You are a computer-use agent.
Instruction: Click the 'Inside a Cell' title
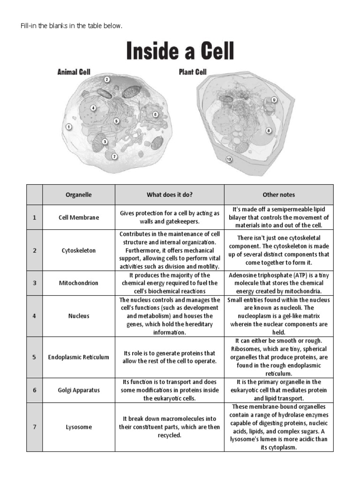tap(180, 52)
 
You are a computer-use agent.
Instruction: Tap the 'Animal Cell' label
tap(74, 72)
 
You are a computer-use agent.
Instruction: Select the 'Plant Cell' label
tap(193, 72)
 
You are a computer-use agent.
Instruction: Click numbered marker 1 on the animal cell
tap(69, 127)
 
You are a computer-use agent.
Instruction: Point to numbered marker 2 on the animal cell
tap(107, 80)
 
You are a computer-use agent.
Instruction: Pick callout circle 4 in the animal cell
tap(94, 108)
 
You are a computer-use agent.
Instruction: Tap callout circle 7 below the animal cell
tap(115, 156)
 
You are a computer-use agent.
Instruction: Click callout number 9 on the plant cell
tap(274, 100)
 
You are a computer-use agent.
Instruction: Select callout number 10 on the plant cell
tap(229, 159)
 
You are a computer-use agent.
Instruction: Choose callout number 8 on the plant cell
tap(269, 131)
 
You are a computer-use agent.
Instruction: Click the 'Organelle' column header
tap(78, 195)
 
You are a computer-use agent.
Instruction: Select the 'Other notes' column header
tap(278, 195)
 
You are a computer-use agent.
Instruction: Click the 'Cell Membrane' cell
tap(78, 217)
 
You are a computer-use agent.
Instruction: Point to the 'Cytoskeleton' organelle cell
tap(78, 250)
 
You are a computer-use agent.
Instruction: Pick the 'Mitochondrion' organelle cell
tap(78, 283)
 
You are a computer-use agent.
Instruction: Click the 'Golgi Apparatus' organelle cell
tap(78, 390)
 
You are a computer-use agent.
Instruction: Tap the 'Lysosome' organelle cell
tap(78, 427)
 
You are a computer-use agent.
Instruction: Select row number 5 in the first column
tap(34, 357)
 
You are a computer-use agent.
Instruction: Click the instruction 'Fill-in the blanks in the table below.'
tap(71, 26)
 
